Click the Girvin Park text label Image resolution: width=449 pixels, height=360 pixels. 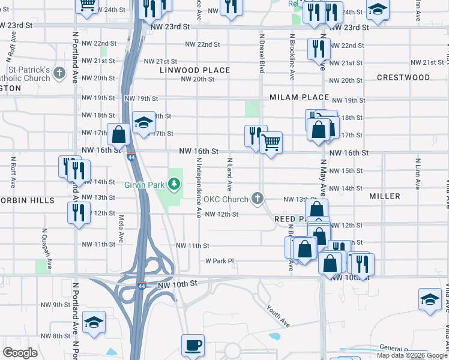[144, 185]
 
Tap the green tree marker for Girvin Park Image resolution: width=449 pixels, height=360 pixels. [175, 184]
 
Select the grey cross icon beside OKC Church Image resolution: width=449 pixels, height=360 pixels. [258, 199]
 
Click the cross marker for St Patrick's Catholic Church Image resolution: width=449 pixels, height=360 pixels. [59, 74]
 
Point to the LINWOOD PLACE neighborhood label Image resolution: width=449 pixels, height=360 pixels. [194, 70]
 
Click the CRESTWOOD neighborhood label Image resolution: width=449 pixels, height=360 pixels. [403, 77]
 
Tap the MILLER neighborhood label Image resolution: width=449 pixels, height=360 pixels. [385, 196]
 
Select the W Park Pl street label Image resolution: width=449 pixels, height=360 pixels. [219, 261]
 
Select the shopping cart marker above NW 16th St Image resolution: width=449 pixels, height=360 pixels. [271, 143]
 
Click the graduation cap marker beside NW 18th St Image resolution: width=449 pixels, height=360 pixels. [143, 124]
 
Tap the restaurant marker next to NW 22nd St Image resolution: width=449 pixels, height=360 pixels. [318, 48]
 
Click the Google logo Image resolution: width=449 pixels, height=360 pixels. [20, 352]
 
